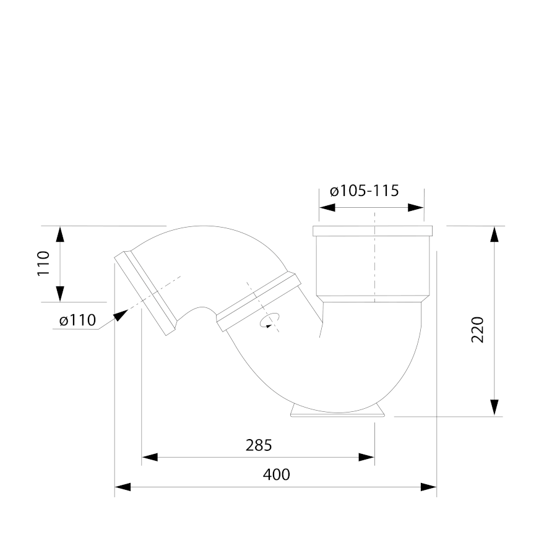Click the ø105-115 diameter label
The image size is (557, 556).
tap(364, 190)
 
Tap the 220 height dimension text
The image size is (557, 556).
tap(478, 330)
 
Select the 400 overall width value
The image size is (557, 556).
tap(277, 474)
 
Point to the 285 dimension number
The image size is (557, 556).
tap(259, 445)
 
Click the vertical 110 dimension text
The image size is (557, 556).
tap(44, 263)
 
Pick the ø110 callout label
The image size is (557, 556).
tap(78, 320)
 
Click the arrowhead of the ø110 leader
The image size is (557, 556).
tap(121, 315)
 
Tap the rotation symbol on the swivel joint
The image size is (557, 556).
tap(270, 320)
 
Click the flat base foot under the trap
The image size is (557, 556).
tap(337, 411)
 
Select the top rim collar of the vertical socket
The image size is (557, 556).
tap(373, 231)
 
